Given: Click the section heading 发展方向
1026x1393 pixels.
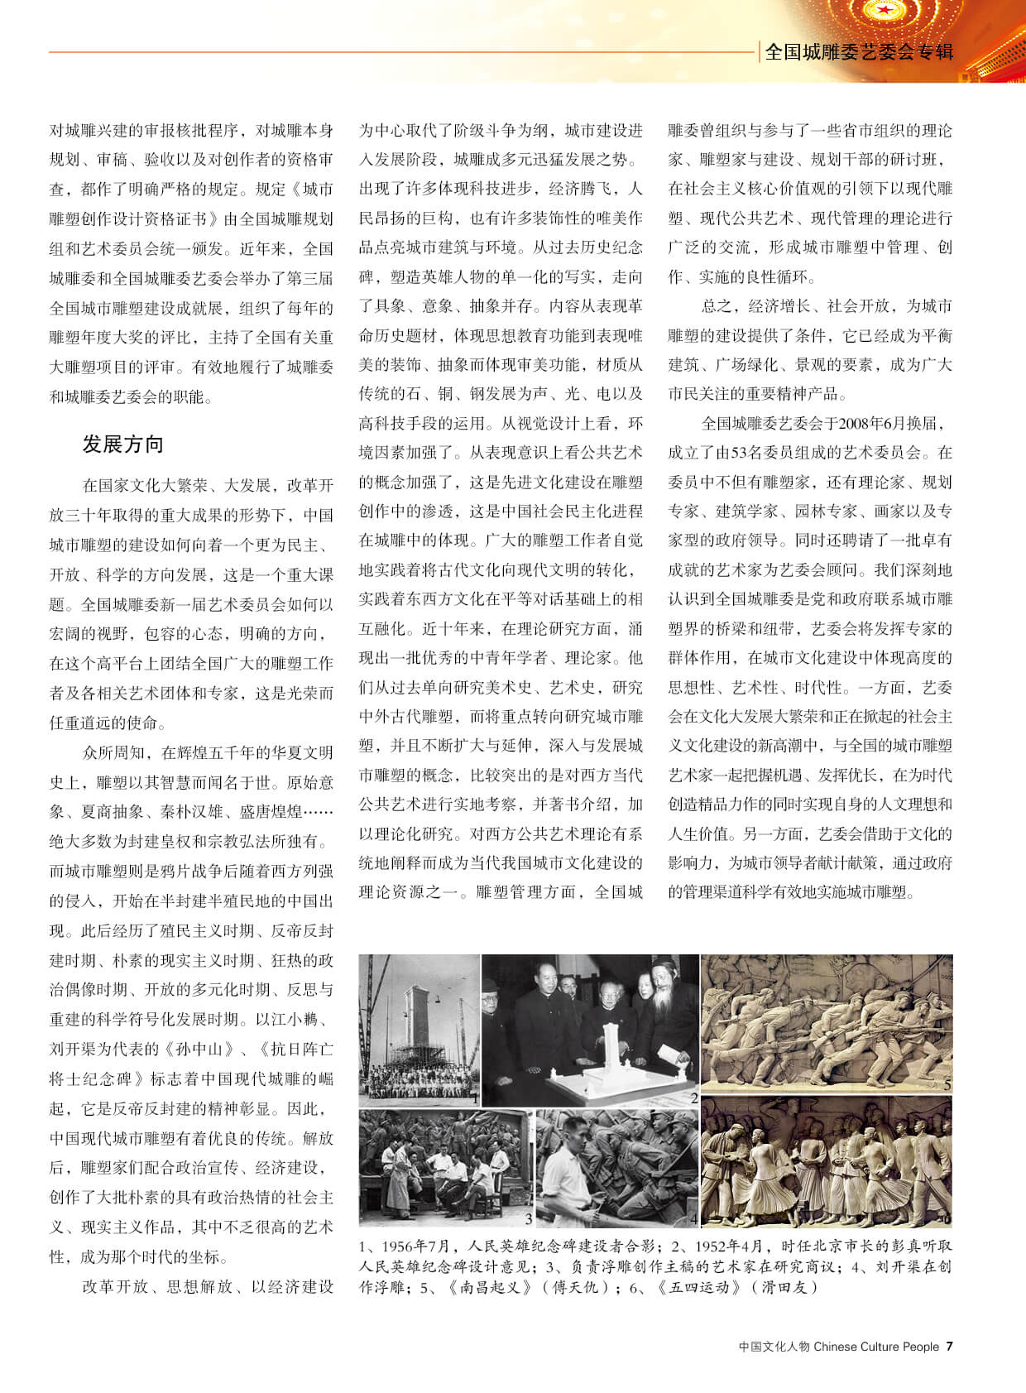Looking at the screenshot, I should click(x=122, y=444).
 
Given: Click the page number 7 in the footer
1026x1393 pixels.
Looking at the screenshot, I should click(x=949, y=1347).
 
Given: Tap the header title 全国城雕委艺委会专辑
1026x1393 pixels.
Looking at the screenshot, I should click(x=859, y=52).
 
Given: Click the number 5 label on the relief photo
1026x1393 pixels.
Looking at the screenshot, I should click(x=947, y=1084).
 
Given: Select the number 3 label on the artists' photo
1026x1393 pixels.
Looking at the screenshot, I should click(x=528, y=1218).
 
